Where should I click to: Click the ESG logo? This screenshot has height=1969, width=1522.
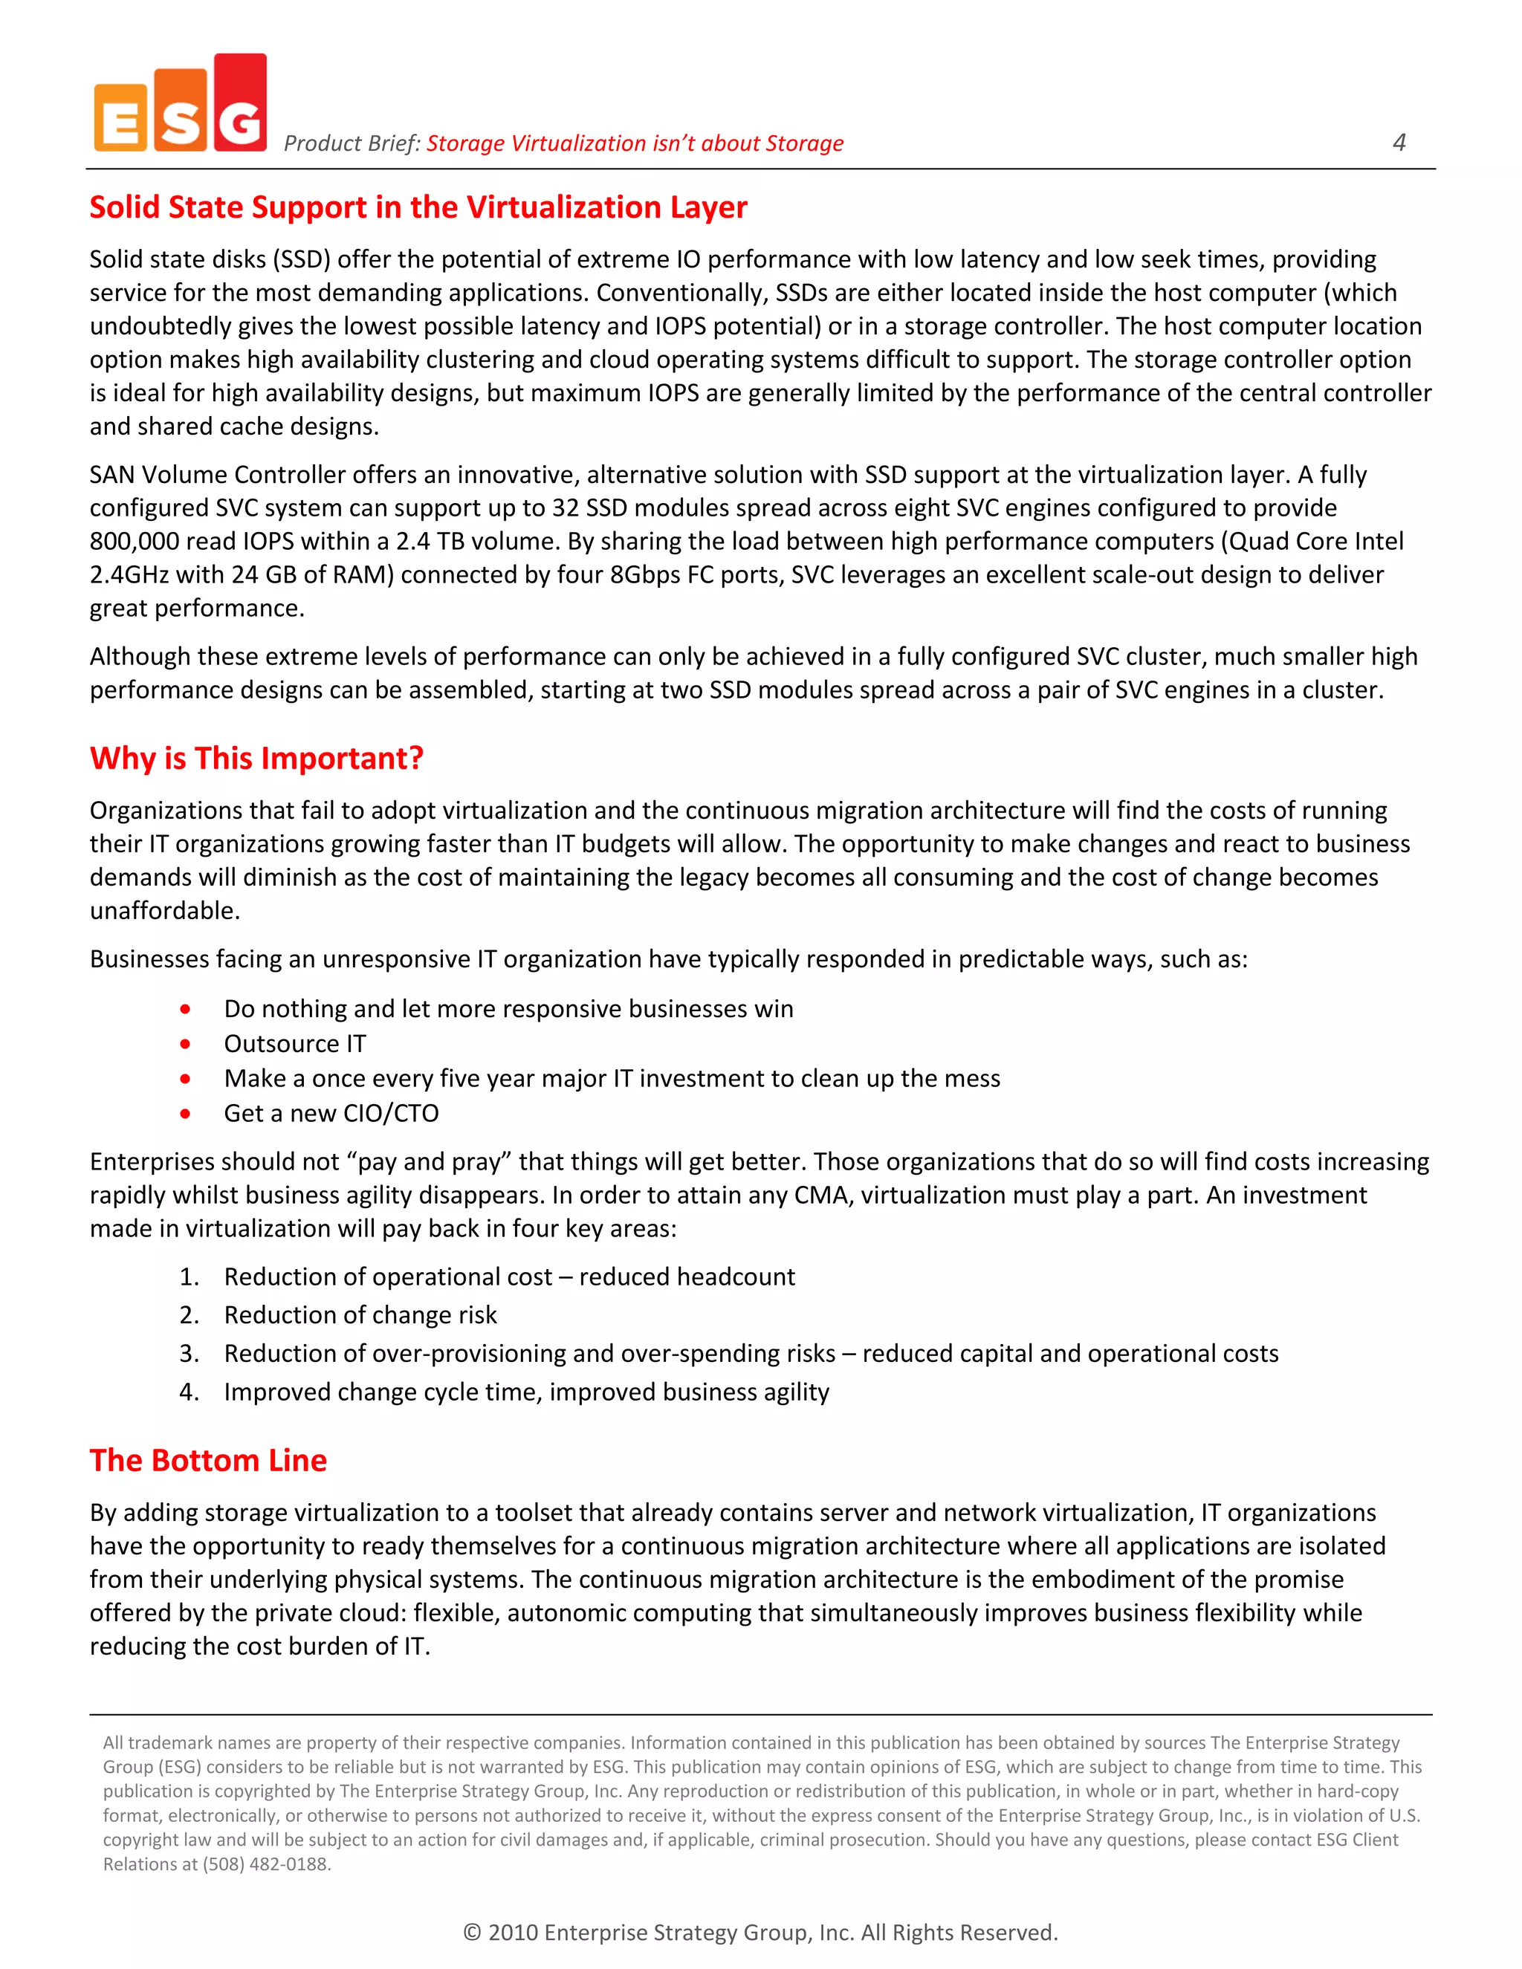(x=181, y=104)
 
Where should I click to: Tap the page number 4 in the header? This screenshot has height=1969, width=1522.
(x=1399, y=143)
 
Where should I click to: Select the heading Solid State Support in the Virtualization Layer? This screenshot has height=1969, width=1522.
(x=418, y=207)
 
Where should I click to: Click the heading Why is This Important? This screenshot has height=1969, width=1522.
(x=256, y=758)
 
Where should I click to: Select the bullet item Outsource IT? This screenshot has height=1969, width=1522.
(x=295, y=1043)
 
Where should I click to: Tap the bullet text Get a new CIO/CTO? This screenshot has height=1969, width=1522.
(x=331, y=1114)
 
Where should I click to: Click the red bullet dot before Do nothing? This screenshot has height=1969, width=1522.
(x=185, y=1009)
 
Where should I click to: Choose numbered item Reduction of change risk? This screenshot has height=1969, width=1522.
(x=360, y=1315)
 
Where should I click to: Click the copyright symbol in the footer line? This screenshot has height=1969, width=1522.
(x=472, y=1932)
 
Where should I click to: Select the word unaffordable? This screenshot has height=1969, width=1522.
(x=164, y=911)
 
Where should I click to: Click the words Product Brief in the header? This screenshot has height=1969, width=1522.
(x=351, y=143)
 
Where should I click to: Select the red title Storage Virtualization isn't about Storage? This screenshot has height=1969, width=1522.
(x=634, y=143)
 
